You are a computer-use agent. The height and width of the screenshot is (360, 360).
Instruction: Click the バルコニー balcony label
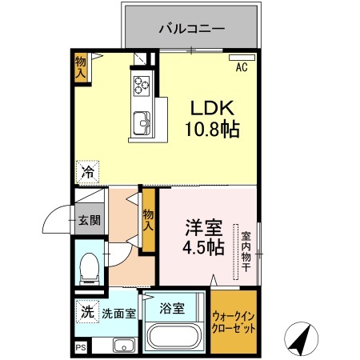pos(192,29)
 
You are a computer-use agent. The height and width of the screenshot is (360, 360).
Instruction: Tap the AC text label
pos(242,67)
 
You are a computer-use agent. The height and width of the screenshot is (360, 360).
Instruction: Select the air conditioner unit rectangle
pos(242,58)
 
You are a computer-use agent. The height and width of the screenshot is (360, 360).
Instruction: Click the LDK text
pos(212,108)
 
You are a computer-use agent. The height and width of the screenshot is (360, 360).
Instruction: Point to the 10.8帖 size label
pos(212,129)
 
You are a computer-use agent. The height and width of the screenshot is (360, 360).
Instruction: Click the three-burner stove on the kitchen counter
pos(142,86)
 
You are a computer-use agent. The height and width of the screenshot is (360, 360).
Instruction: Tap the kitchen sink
pos(142,123)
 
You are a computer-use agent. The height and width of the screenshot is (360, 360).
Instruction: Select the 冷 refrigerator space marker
pos(87,172)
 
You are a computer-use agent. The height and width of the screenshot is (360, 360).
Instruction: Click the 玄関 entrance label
pos(90,220)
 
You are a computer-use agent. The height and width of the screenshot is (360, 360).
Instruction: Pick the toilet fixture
pos(90,269)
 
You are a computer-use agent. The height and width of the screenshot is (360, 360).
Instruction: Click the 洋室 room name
pos(204,228)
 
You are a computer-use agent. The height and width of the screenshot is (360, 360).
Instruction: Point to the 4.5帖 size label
pos(203,247)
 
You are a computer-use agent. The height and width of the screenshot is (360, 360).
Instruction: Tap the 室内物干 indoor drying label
pos(246,251)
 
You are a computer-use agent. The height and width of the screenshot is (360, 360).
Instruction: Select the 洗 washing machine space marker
pos(87,312)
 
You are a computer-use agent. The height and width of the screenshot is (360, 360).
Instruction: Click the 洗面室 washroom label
pos(119,314)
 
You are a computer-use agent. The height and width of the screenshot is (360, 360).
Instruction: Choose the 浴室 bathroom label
pos(172,308)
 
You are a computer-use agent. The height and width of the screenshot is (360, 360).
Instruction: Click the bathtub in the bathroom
pos(174,337)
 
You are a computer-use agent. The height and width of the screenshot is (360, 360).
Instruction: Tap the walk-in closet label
pos(234,323)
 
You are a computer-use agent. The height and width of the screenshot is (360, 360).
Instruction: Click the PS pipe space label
pos(81,347)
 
